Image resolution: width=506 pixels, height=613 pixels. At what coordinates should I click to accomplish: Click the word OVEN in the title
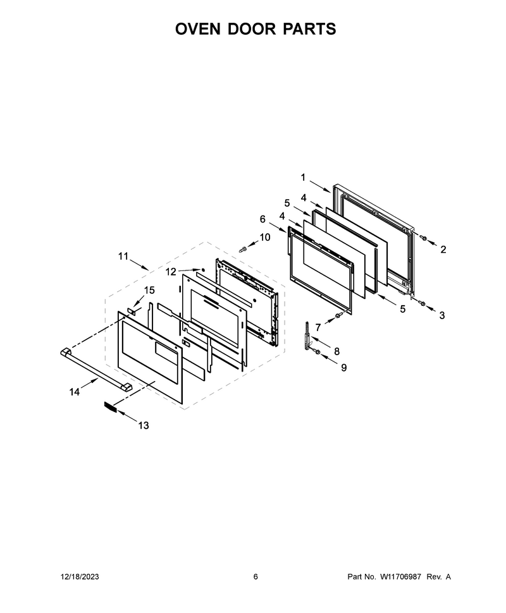click(x=197, y=29)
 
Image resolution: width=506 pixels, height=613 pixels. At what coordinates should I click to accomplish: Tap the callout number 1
click(x=303, y=178)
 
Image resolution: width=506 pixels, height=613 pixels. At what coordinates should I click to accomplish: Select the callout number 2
click(x=443, y=250)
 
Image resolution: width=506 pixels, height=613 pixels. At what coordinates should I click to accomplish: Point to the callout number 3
click(x=442, y=315)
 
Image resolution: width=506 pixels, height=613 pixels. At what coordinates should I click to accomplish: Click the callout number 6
click(x=262, y=219)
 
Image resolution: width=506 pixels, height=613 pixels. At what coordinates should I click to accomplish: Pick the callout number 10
click(x=265, y=238)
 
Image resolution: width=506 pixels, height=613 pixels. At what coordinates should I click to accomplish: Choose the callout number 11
click(x=123, y=257)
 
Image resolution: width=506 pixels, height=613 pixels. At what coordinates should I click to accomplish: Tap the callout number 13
click(x=144, y=425)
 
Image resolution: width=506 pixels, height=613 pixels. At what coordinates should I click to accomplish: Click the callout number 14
click(x=75, y=392)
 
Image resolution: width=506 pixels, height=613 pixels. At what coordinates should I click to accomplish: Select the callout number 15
click(x=149, y=290)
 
